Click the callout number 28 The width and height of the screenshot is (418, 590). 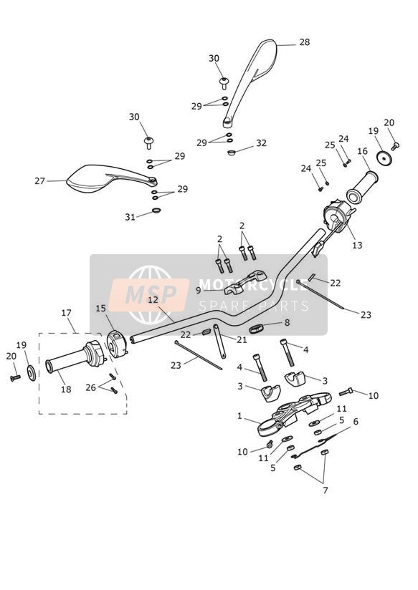coord(305,42)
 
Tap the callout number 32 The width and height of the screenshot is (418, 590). coord(261,143)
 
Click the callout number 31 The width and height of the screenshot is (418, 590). coord(130,217)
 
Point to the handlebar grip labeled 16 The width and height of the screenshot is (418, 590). coord(362,187)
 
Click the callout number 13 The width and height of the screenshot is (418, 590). coord(357,245)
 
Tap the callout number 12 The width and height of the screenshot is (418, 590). coord(153,300)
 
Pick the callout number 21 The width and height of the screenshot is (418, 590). coord(242,340)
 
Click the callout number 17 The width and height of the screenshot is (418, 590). coord(67,313)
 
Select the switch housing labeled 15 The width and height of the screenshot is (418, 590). coord(117,344)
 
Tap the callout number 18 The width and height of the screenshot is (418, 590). coord(66,389)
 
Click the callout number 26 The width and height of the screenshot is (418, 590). coord(90,387)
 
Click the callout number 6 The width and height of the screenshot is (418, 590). coord(356,422)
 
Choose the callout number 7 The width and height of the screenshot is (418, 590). coord(326,490)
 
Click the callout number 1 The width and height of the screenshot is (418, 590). coord(239,416)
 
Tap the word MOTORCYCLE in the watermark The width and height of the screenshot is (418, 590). coord(253,285)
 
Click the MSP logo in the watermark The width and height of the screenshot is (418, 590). coord(149,294)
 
